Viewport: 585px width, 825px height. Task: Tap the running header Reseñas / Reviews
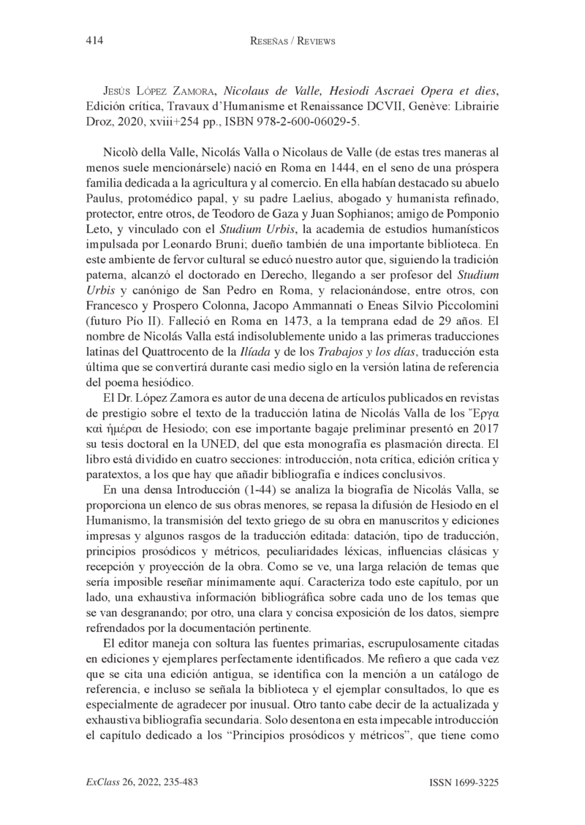(x=292, y=42)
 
